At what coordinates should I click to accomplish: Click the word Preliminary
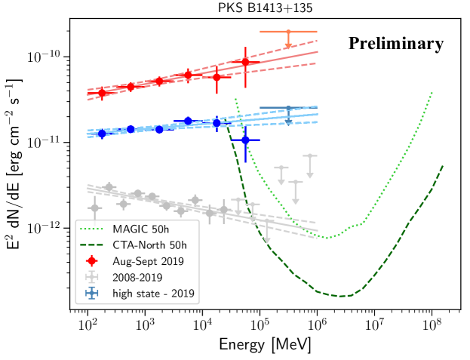pos(395,44)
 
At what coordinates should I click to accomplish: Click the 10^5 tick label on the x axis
pos(260,325)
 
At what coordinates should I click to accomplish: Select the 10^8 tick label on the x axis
pos(432,325)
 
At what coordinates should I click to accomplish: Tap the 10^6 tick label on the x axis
pos(317,325)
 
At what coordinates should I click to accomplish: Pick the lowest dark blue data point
pos(245,140)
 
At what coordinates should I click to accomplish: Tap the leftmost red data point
pos(102,93)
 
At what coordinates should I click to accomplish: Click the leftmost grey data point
pos(94,208)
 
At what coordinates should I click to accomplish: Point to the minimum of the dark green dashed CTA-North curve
pos(343,295)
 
